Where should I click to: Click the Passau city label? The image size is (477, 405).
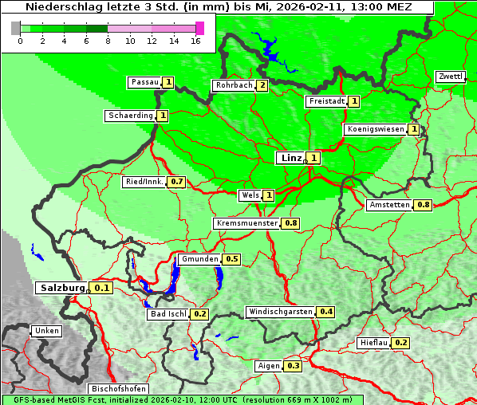pyautogui.click(x=144, y=82)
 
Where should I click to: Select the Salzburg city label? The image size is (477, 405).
pyautogui.click(x=61, y=288)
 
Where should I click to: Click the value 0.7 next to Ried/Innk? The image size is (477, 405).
pyautogui.click(x=177, y=182)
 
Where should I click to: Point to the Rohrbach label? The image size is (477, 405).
pyautogui.click(x=233, y=85)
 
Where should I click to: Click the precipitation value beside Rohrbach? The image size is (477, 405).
pyautogui.click(x=262, y=85)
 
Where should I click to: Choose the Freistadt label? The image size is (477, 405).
pyautogui.click(x=327, y=101)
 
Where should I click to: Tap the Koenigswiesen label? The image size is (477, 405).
pyautogui.click(x=375, y=129)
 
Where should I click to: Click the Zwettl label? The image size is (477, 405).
pyautogui.click(x=450, y=77)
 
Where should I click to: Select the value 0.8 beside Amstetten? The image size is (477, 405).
pyautogui.click(x=424, y=205)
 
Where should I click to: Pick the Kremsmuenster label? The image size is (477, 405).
pyautogui.click(x=246, y=223)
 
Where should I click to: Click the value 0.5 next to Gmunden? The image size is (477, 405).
pyautogui.click(x=232, y=259)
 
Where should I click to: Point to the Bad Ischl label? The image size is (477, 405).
pyautogui.click(x=168, y=314)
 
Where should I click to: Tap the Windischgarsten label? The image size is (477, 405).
pyautogui.click(x=280, y=311)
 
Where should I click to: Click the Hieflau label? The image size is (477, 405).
pyautogui.click(x=373, y=343)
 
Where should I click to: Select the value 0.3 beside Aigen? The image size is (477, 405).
pyautogui.click(x=293, y=366)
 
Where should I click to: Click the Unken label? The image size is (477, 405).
pyautogui.click(x=46, y=331)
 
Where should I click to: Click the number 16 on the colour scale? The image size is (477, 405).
pyautogui.click(x=195, y=41)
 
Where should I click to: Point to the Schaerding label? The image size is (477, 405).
pyautogui.click(x=131, y=116)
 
